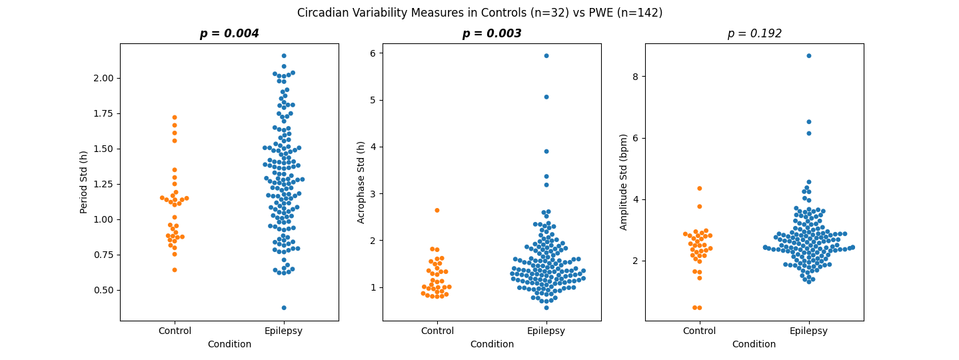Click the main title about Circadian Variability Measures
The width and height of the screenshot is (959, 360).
tap(480, 13)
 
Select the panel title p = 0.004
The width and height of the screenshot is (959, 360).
tap(229, 33)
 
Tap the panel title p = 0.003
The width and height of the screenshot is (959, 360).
tap(492, 33)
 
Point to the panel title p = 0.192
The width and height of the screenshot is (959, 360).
tap(754, 33)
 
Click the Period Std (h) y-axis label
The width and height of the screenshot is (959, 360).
tap(84, 182)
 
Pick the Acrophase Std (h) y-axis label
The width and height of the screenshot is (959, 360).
tap(361, 182)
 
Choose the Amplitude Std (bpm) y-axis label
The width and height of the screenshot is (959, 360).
tap(624, 182)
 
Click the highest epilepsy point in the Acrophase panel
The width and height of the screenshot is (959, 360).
tap(546, 56)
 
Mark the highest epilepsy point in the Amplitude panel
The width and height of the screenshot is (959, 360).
tap(809, 56)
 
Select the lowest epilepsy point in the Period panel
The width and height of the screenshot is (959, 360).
tap(284, 308)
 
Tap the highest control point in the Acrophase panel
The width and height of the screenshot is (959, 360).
tap(437, 210)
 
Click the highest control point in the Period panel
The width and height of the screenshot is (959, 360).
tap(175, 117)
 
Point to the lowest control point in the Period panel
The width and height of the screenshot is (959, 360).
tap(175, 270)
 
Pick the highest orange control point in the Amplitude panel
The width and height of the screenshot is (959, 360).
tap(700, 189)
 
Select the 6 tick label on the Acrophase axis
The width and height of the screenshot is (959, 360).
tap(373, 53)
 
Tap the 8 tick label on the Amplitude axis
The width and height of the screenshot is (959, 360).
tap(636, 77)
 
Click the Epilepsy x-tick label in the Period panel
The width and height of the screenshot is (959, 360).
tap(284, 331)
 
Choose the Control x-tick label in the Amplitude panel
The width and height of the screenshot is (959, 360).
tap(700, 331)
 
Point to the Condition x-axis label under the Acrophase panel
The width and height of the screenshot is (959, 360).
tap(492, 345)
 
